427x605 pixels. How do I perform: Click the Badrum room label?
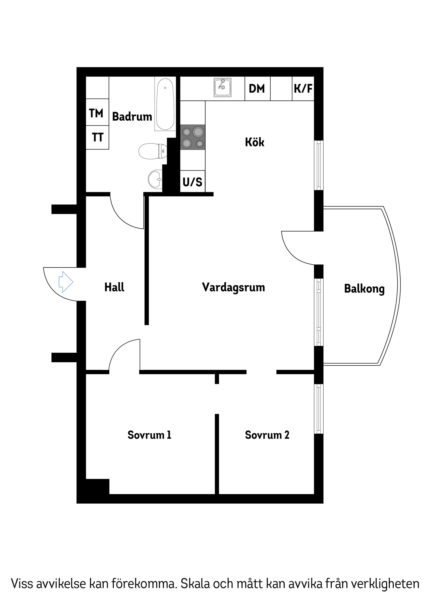tap(132, 117)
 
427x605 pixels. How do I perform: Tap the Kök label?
tap(254, 142)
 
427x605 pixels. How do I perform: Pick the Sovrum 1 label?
tap(149, 435)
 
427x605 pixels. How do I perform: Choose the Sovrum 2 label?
tap(267, 435)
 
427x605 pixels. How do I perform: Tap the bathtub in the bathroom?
tap(165, 104)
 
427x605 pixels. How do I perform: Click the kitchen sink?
tap(222, 88)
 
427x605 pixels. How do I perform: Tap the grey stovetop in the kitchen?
tap(193, 137)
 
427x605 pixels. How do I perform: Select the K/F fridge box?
tap(303, 88)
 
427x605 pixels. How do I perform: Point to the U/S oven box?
tap(192, 182)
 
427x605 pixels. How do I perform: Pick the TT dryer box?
tap(97, 137)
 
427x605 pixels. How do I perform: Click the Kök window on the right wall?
tap(319, 165)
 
